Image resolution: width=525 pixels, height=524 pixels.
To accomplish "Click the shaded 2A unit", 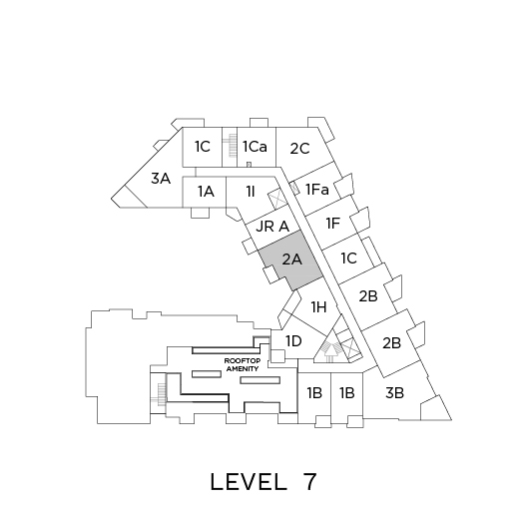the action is coord(290,261).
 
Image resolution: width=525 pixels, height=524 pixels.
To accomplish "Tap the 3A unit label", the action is coord(161,179).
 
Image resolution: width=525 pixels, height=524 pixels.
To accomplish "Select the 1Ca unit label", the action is coord(255,147).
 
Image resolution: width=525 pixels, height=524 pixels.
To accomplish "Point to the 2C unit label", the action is coord(299,149).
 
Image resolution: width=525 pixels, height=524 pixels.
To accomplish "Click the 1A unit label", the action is coord(206,192).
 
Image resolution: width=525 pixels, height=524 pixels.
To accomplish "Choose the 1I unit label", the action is coord(251,192).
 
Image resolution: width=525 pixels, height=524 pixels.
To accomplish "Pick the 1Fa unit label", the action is coord(317,190).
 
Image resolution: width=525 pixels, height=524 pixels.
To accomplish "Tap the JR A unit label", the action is coord(272,227).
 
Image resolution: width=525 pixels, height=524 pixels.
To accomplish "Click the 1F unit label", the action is coord(333,224).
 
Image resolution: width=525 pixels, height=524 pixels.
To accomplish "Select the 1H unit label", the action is coord(318,307).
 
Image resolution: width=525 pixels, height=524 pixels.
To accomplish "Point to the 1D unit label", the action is coord(293,341).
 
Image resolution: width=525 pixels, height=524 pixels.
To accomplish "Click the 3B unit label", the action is coord(394,393).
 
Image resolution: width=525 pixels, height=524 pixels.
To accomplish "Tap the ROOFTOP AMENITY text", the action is coord(243,365).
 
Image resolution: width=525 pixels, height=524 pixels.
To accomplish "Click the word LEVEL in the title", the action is coord(249,482).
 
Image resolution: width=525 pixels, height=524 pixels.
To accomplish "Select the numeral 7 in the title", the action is coord(309,482).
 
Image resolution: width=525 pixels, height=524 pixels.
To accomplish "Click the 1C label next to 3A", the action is coord(203,147).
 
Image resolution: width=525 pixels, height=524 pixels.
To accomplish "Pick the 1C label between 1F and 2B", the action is coord(349,259).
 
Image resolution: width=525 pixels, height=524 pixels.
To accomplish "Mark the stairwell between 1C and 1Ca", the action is coord(230,147).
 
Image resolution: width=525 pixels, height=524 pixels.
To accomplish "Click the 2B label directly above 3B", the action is coord(391,343).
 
